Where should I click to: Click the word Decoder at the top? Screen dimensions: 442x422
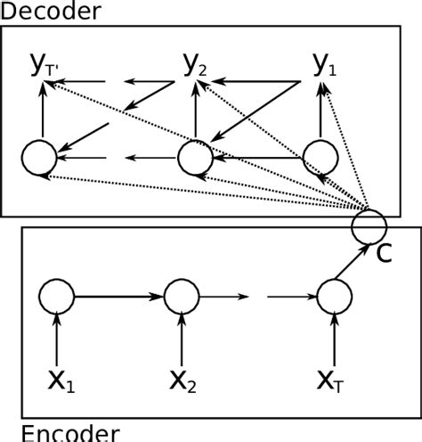[x=51, y=12]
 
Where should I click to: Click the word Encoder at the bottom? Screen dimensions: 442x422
[x=69, y=433]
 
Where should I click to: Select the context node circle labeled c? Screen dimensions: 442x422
[x=368, y=224]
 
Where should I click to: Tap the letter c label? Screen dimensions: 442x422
[x=384, y=253]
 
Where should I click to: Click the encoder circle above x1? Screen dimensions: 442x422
[x=56, y=295]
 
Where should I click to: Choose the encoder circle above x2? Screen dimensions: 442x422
[x=182, y=295]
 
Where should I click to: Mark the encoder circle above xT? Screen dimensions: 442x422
[x=335, y=295]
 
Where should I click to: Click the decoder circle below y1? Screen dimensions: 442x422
[x=321, y=158]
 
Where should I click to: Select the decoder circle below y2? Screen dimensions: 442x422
[x=195, y=158]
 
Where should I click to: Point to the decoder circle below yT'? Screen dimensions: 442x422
[x=39, y=158]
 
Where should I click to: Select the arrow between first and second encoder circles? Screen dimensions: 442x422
[x=118, y=295]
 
